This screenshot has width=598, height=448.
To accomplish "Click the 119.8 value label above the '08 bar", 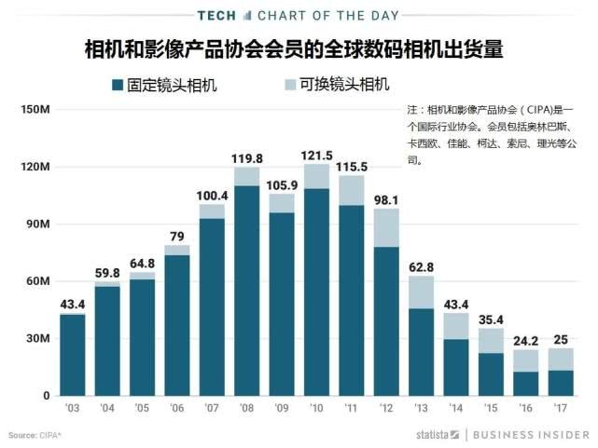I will (x=246, y=158).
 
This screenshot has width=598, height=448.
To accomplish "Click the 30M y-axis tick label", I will (x=37, y=339).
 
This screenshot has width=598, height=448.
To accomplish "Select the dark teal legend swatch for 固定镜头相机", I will (x=118, y=86).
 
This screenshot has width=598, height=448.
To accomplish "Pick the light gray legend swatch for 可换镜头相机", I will (x=290, y=86).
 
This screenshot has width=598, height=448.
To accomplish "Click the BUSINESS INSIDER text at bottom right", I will (x=531, y=435).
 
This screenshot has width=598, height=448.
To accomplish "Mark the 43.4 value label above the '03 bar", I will (x=72, y=305).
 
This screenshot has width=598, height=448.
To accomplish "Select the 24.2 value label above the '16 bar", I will (x=526, y=340).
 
